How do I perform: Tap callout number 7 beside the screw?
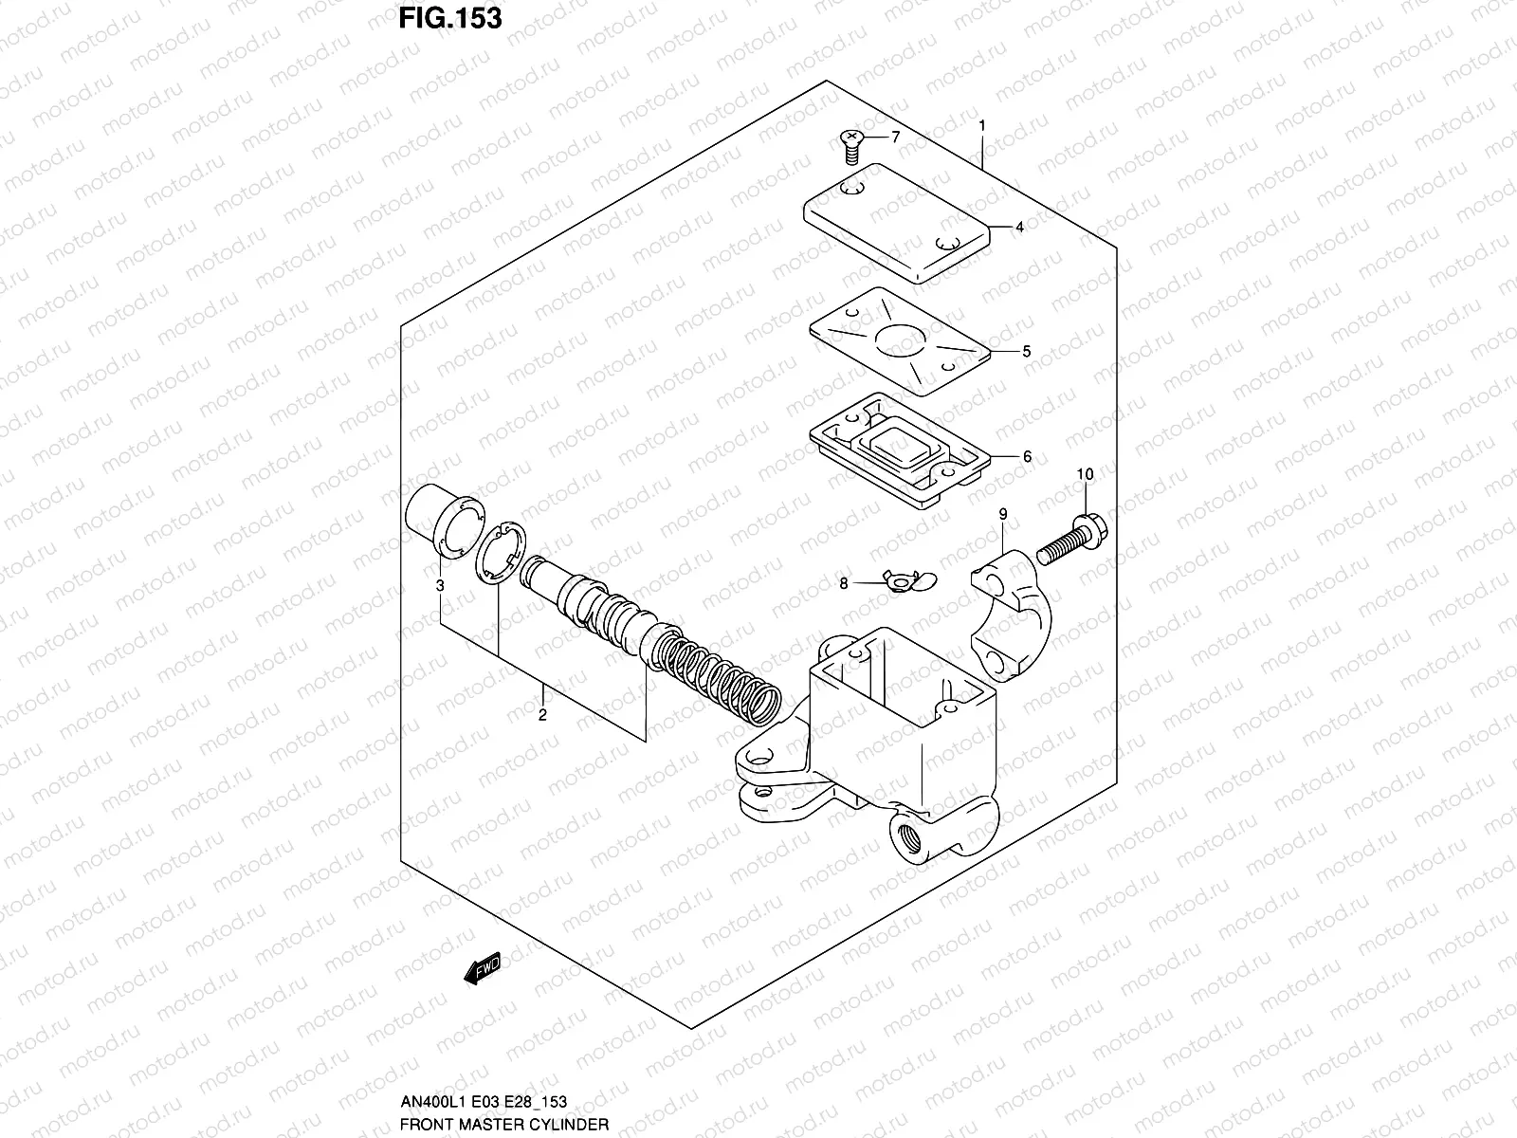point(895,137)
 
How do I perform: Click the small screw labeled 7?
point(850,146)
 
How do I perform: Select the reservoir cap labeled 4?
point(895,219)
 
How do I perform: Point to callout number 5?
point(1026,351)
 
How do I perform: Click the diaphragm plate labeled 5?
point(899,341)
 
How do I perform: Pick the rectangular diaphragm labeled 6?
point(899,450)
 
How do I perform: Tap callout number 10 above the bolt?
point(1085,474)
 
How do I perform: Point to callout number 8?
point(844,584)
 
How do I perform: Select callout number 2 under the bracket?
point(542,715)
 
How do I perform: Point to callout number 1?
point(982,125)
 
